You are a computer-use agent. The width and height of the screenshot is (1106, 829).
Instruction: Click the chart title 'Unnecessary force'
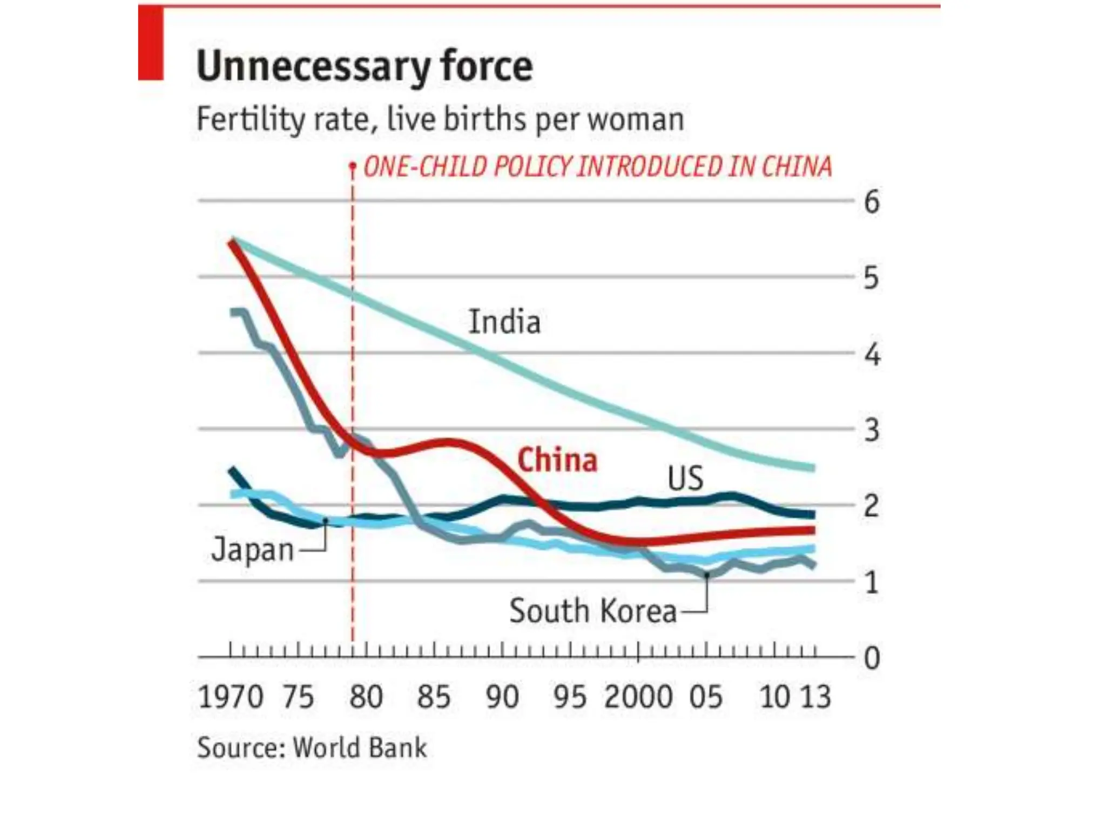[365, 66]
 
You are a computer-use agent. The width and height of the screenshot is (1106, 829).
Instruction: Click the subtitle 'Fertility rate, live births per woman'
[440, 119]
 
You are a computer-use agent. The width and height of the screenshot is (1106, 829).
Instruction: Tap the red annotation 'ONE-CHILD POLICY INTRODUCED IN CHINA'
[597, 167]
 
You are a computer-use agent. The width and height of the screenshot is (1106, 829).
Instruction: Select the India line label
[504, 322]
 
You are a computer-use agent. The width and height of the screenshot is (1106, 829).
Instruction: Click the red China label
[557, 461]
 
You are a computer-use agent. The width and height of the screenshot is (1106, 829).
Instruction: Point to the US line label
[685, 478]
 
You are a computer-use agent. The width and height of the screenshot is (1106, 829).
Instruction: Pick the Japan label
[253, 550]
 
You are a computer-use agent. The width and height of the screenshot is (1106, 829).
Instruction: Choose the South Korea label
[592, 611]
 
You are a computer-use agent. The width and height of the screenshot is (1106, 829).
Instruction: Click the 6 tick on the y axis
[872, 202]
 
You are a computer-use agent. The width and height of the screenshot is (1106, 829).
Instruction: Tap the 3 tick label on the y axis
[872, 430]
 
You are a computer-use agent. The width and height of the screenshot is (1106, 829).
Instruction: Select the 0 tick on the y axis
[872, 658]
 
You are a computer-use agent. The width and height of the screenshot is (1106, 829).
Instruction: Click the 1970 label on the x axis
[231, 696]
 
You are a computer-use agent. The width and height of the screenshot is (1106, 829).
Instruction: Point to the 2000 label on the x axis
[638, 696]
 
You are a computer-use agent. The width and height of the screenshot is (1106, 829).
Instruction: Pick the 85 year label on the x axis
[434, 696]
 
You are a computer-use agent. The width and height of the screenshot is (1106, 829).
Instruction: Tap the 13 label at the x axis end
[815, 696]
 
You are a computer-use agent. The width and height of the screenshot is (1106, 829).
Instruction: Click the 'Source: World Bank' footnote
[312, 748]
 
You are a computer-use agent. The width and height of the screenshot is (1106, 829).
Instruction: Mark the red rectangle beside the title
[151, 44]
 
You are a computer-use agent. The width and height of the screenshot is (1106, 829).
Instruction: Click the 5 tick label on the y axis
[872, 278]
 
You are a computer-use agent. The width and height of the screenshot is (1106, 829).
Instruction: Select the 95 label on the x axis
[570, 696]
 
